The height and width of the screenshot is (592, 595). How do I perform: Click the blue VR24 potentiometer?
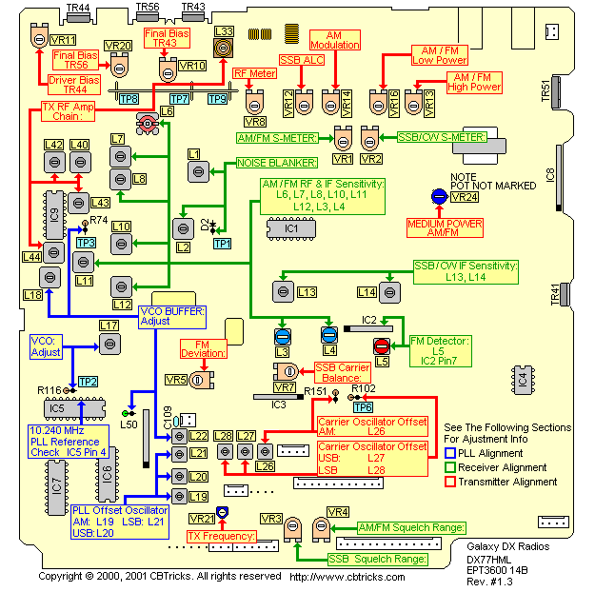click(x=439, y=196)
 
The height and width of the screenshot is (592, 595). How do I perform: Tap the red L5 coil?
click(x=381, y=346)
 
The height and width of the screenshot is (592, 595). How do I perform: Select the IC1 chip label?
click(x=291, y=228)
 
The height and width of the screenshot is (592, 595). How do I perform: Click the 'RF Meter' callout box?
click(x=256, y=72)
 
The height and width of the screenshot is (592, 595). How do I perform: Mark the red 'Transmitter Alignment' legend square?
click(x=450, y=482)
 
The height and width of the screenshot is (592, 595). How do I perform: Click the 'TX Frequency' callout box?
click(x=222, y=537)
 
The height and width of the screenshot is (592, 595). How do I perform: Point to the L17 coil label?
click(x=109, y=326)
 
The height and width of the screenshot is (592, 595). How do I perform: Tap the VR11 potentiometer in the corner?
click(x=40, y=37)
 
